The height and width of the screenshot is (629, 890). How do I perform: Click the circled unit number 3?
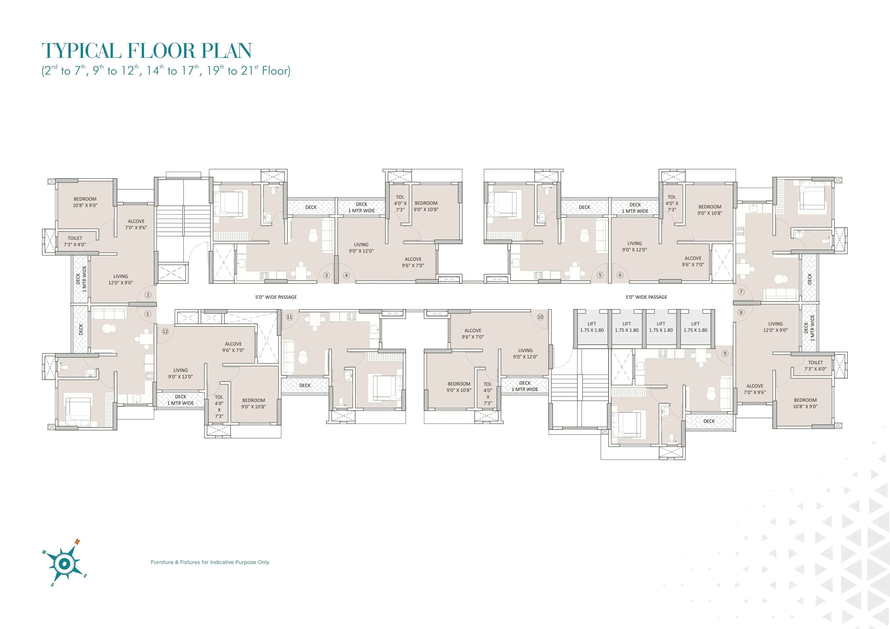coord(326,276)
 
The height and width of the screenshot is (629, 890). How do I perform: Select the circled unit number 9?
coord(725,353)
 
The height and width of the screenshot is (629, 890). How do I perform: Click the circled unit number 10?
coord(540,317)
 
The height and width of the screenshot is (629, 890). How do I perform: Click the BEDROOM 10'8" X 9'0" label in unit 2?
coord(85,202)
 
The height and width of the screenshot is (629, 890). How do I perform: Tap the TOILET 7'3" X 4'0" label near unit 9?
coord(815,366)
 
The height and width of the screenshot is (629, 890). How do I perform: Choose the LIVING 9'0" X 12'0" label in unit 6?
coord(635,247)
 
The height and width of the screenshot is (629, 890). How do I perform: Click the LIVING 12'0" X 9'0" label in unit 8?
coord(775,327)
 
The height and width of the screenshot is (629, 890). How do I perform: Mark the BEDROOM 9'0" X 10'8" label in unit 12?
coord(253,403)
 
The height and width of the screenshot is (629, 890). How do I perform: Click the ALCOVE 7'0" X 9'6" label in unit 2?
coord(136,224)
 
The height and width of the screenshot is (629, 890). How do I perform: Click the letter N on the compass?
coord(77,542)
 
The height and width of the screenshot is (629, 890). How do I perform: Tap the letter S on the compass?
coord(52,585)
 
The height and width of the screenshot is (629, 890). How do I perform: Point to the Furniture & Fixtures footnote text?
coord(210,562)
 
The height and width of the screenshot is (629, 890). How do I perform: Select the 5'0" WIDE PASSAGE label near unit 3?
coord(276,297)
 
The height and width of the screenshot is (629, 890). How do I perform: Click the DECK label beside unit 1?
coord(81,330)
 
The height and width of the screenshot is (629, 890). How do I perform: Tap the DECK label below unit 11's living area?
coord(305,386)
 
